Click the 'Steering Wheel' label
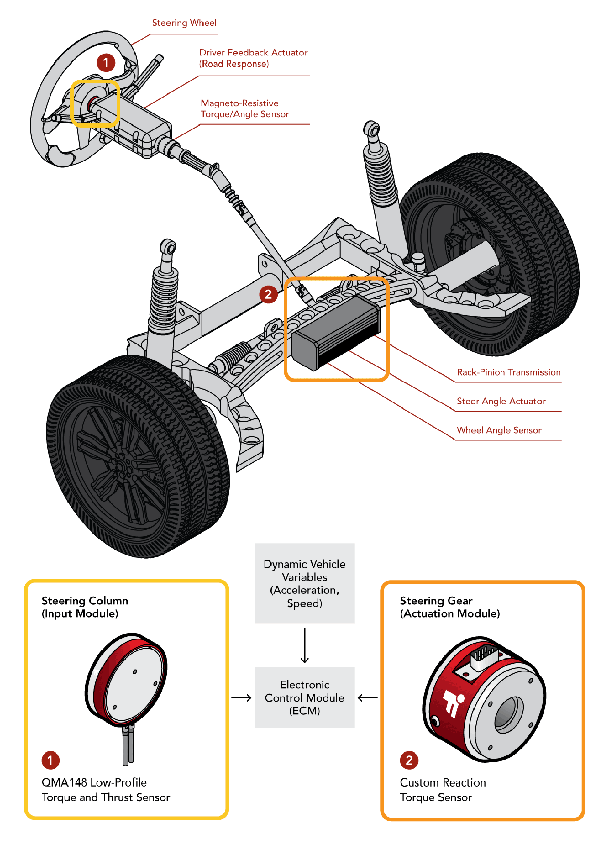click(184, 23)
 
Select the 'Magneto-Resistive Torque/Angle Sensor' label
click(245, 109)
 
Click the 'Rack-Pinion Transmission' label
click(509, 372)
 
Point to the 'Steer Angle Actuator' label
click(501, 401)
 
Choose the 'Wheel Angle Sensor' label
click(499, 430)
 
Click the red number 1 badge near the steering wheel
click(106, 62)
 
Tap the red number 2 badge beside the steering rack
click(268, 294)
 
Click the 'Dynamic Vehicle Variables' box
click(304, 583)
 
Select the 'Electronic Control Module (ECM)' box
click(304, 698)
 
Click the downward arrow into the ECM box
click(304, 645)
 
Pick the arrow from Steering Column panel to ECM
click(242, 698)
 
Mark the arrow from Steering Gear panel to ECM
click(367, 698)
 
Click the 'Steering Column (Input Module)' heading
click(85, 607)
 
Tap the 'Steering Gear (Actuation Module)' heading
click(450, 607)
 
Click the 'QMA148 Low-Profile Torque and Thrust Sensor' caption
click(106, 790)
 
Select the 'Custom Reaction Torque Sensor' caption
click(443, 790)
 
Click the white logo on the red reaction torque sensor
click(453, 703)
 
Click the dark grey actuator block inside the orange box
click(335, 333)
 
